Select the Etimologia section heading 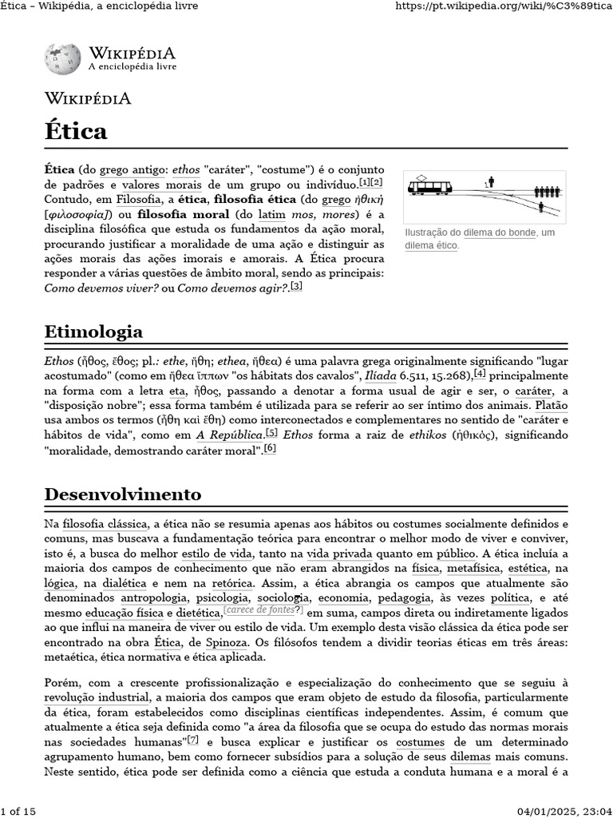93,332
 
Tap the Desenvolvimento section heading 122,493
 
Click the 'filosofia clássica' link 105,524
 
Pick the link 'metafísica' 469,568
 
